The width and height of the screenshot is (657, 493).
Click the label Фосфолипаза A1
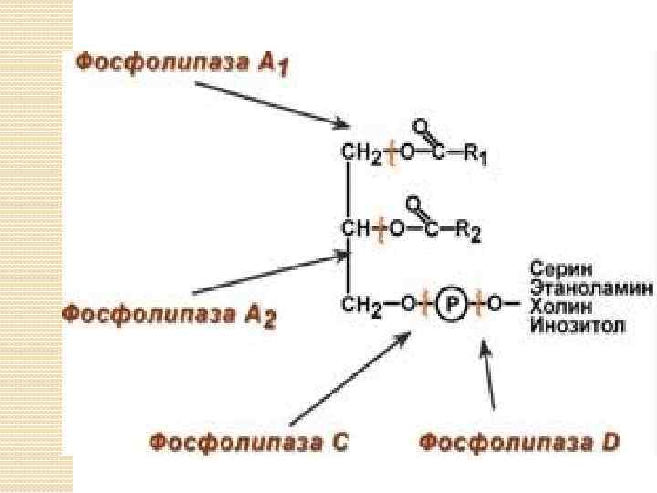tap(182, 65)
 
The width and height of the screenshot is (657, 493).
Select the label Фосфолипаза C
tap(249, 444)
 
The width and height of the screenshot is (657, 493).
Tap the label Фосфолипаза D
tap(520, 444)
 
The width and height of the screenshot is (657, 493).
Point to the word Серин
tap(560, 270)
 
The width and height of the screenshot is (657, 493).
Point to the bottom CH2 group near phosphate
tap(360, 307)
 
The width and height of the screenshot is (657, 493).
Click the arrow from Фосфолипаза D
tap(488, 375)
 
